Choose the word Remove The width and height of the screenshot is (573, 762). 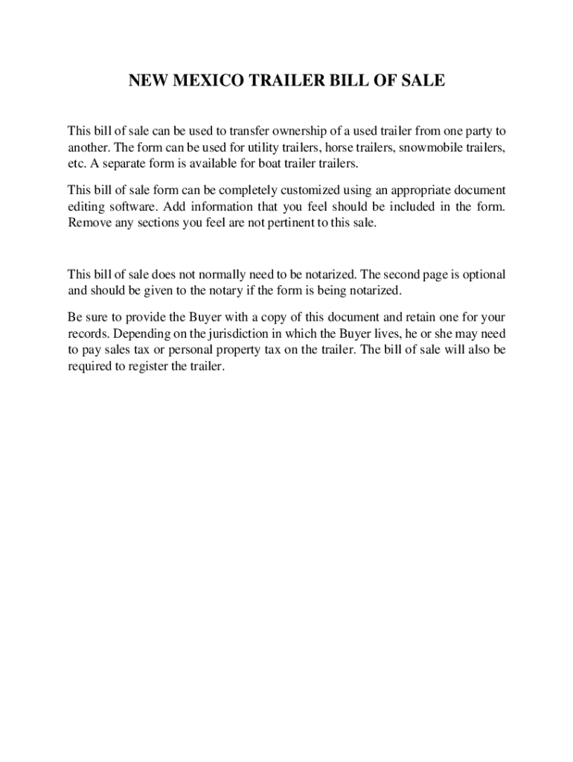click(x=88, y=222)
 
